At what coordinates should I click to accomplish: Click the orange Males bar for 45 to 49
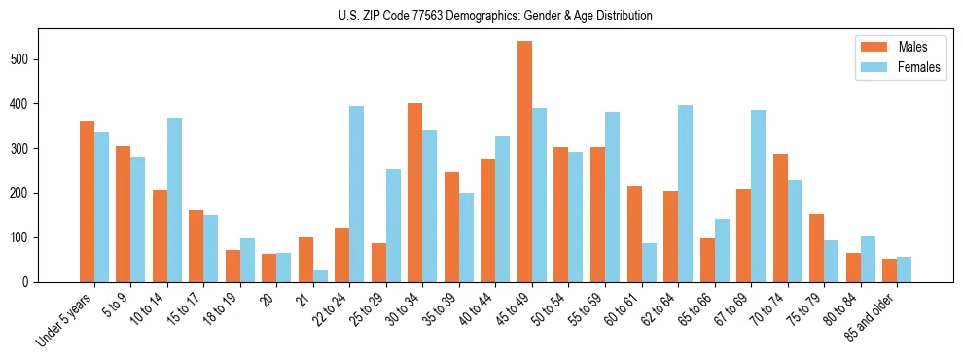(524, 162)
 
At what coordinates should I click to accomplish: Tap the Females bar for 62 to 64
(686, 194)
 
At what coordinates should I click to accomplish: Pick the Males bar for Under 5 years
(87, 201)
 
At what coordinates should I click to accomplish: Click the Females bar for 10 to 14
(174, 199)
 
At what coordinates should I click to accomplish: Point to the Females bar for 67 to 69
(759, 197)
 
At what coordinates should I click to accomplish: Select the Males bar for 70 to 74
(780, 218)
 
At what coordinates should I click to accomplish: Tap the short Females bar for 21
(320, 276)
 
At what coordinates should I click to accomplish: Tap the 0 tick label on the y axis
(30, 282)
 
